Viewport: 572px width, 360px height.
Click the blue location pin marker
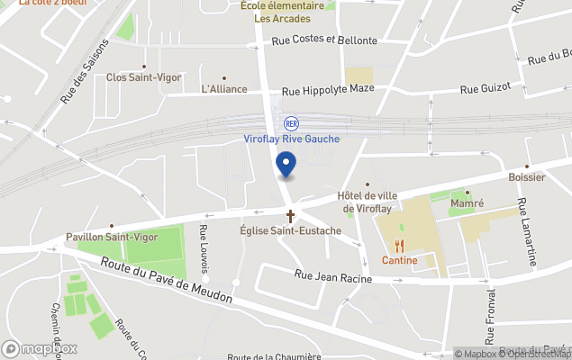point(286,166)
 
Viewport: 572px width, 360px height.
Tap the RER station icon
point(291,123)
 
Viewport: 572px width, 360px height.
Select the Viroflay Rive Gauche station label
point(291,139)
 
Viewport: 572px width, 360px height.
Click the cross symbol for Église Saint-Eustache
point(290,216)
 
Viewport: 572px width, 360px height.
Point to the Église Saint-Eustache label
point(290,231)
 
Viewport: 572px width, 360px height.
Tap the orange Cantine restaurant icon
point(398,245)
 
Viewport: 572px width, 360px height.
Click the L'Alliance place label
point(223,90)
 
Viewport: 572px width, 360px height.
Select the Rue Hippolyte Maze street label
point(328,91)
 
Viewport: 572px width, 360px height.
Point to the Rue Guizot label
point(486,88)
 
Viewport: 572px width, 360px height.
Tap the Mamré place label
point(467,204)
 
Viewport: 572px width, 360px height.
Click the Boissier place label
point(526,177)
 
